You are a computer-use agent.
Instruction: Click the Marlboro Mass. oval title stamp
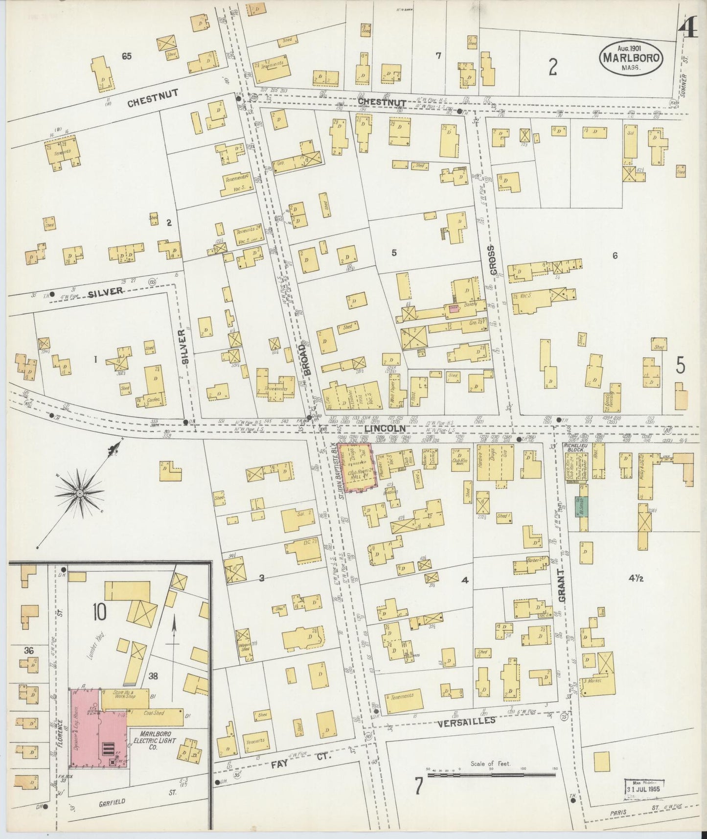click(x=631, y=58)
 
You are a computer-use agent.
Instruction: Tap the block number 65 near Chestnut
click(x=127, y=56)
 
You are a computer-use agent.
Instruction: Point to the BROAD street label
click(x=307, y=359)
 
